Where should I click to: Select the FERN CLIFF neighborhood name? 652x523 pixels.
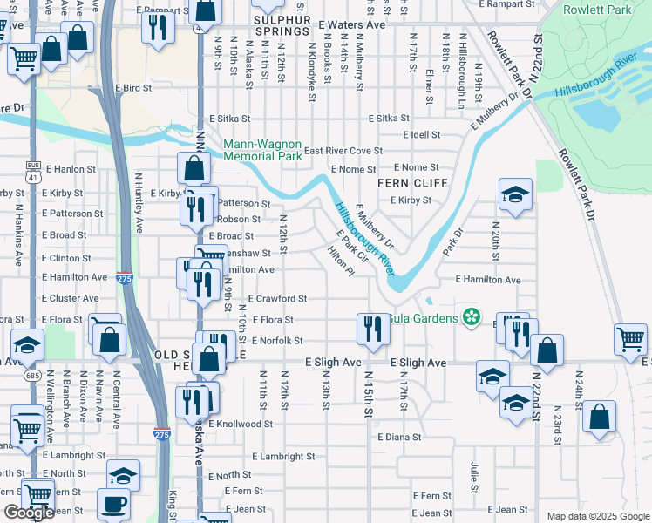[x=411, y=183]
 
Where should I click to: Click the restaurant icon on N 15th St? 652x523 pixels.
[x=372, y=329]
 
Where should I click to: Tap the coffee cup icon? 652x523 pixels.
[x=113, y=504]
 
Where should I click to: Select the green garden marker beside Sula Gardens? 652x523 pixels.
[x=472, y=316]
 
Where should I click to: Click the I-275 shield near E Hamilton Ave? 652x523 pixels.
[x=124, y=277]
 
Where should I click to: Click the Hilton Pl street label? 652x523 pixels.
[x=340, y=260]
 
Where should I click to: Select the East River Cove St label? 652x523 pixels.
[x=343, y=151]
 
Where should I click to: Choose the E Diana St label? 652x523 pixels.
[x=399, y=437]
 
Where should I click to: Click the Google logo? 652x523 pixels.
[x=29, y=513]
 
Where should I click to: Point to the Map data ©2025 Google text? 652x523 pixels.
[x=597, y=516]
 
